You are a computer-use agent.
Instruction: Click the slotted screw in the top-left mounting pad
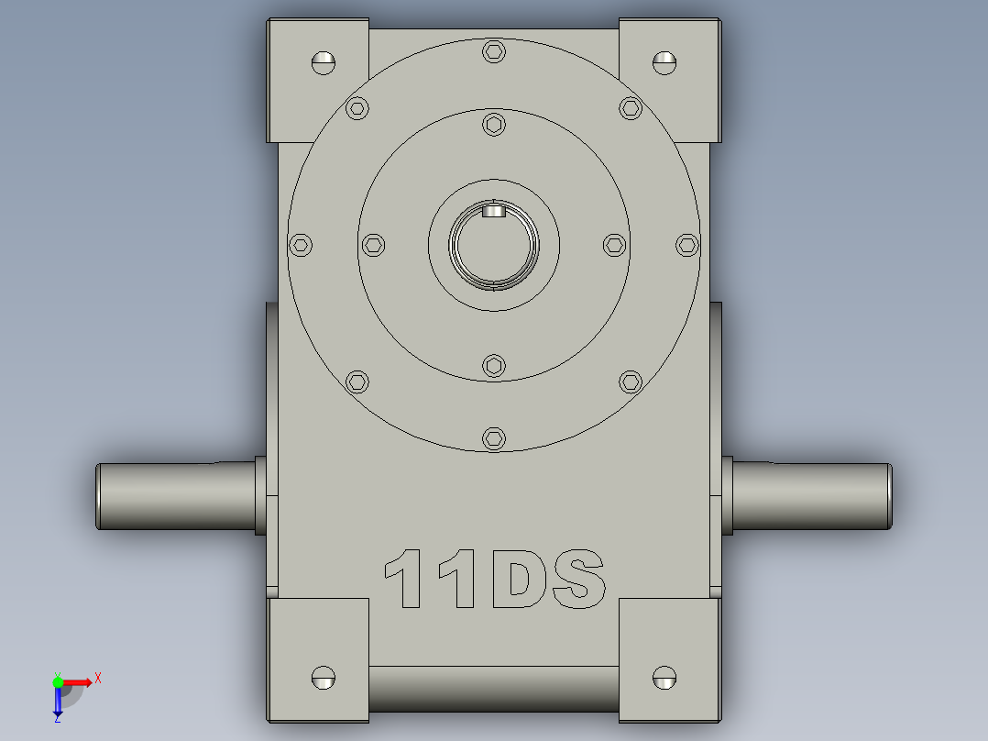click(323, 62)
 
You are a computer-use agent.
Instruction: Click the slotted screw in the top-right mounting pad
click(664, 62)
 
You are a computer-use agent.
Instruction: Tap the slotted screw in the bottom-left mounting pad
click(323, 678)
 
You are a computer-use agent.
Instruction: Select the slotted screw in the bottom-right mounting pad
click(664, 678)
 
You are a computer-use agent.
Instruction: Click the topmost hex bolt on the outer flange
click(494, 51)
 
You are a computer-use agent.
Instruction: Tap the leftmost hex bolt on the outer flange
click(300, 245)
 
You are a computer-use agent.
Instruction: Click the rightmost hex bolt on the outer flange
click(687, 245)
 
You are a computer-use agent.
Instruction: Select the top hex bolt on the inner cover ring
click(494, 124)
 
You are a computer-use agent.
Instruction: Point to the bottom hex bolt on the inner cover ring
click(494, 366)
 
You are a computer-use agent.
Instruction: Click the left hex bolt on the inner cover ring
click(372, 245)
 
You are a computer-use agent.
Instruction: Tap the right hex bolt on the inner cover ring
click(615, 245)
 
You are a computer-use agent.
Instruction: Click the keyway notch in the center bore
click(494, 212)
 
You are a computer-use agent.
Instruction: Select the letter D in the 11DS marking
click(520, 580)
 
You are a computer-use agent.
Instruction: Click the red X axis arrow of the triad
click(89, 680)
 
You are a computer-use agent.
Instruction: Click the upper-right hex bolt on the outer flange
click(630, 108)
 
